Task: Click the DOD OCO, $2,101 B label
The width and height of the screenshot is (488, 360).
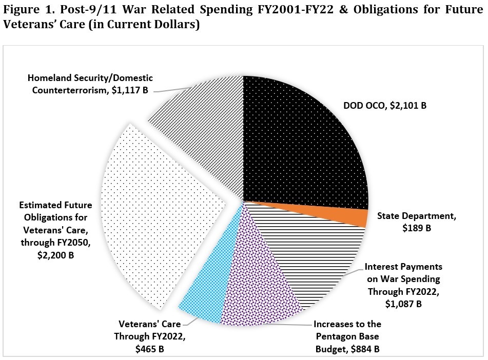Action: click(x=385, y=106)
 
